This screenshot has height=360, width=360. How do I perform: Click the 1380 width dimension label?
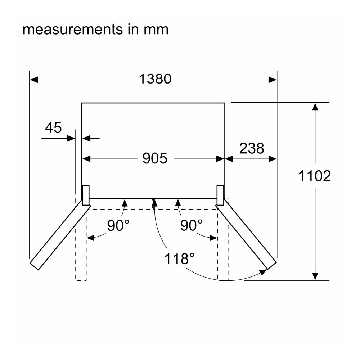click(x=155, y=79)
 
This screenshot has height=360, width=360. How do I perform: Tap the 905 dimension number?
click(x=155, y=158)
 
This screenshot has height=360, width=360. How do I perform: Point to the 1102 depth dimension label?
click(x=315, y=176)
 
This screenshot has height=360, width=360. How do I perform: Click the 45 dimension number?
click(x=53, y=127)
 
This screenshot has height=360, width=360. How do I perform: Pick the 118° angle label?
click(x=179, y=258)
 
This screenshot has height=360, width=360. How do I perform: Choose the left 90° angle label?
click(x=118, y=225)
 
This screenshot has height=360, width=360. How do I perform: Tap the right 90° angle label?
click(x=191, y=225)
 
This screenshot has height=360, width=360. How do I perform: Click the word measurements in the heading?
click(x=73, y=30)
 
